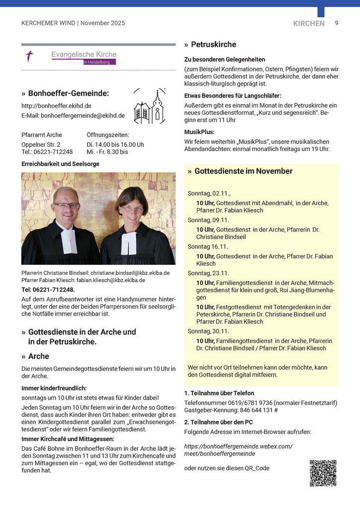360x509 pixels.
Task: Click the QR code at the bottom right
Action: (x=323, y=473)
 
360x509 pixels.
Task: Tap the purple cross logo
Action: (x=30, y=56)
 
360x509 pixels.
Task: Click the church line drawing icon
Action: (x=149, y=107)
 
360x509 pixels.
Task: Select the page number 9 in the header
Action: (x=337, y=23)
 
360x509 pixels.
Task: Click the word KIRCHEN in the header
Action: (x=309, y=23)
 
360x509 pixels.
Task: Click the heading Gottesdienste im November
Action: (x=243, y=171)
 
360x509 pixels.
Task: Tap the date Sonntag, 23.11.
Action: (x=208, y=273)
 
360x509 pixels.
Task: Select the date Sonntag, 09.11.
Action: (x=208, y=220)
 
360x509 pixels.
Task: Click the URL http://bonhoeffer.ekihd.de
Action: (x=56, y=106)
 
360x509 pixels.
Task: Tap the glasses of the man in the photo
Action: (x=67, y=205)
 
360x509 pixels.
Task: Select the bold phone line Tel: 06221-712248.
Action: (x=48, y=290)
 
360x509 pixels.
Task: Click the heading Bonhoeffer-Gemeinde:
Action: (x=68, y=93)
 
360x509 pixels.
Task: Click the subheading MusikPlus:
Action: (x=199, y=132)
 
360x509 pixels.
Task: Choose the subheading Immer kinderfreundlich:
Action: (x=54, y=388)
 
